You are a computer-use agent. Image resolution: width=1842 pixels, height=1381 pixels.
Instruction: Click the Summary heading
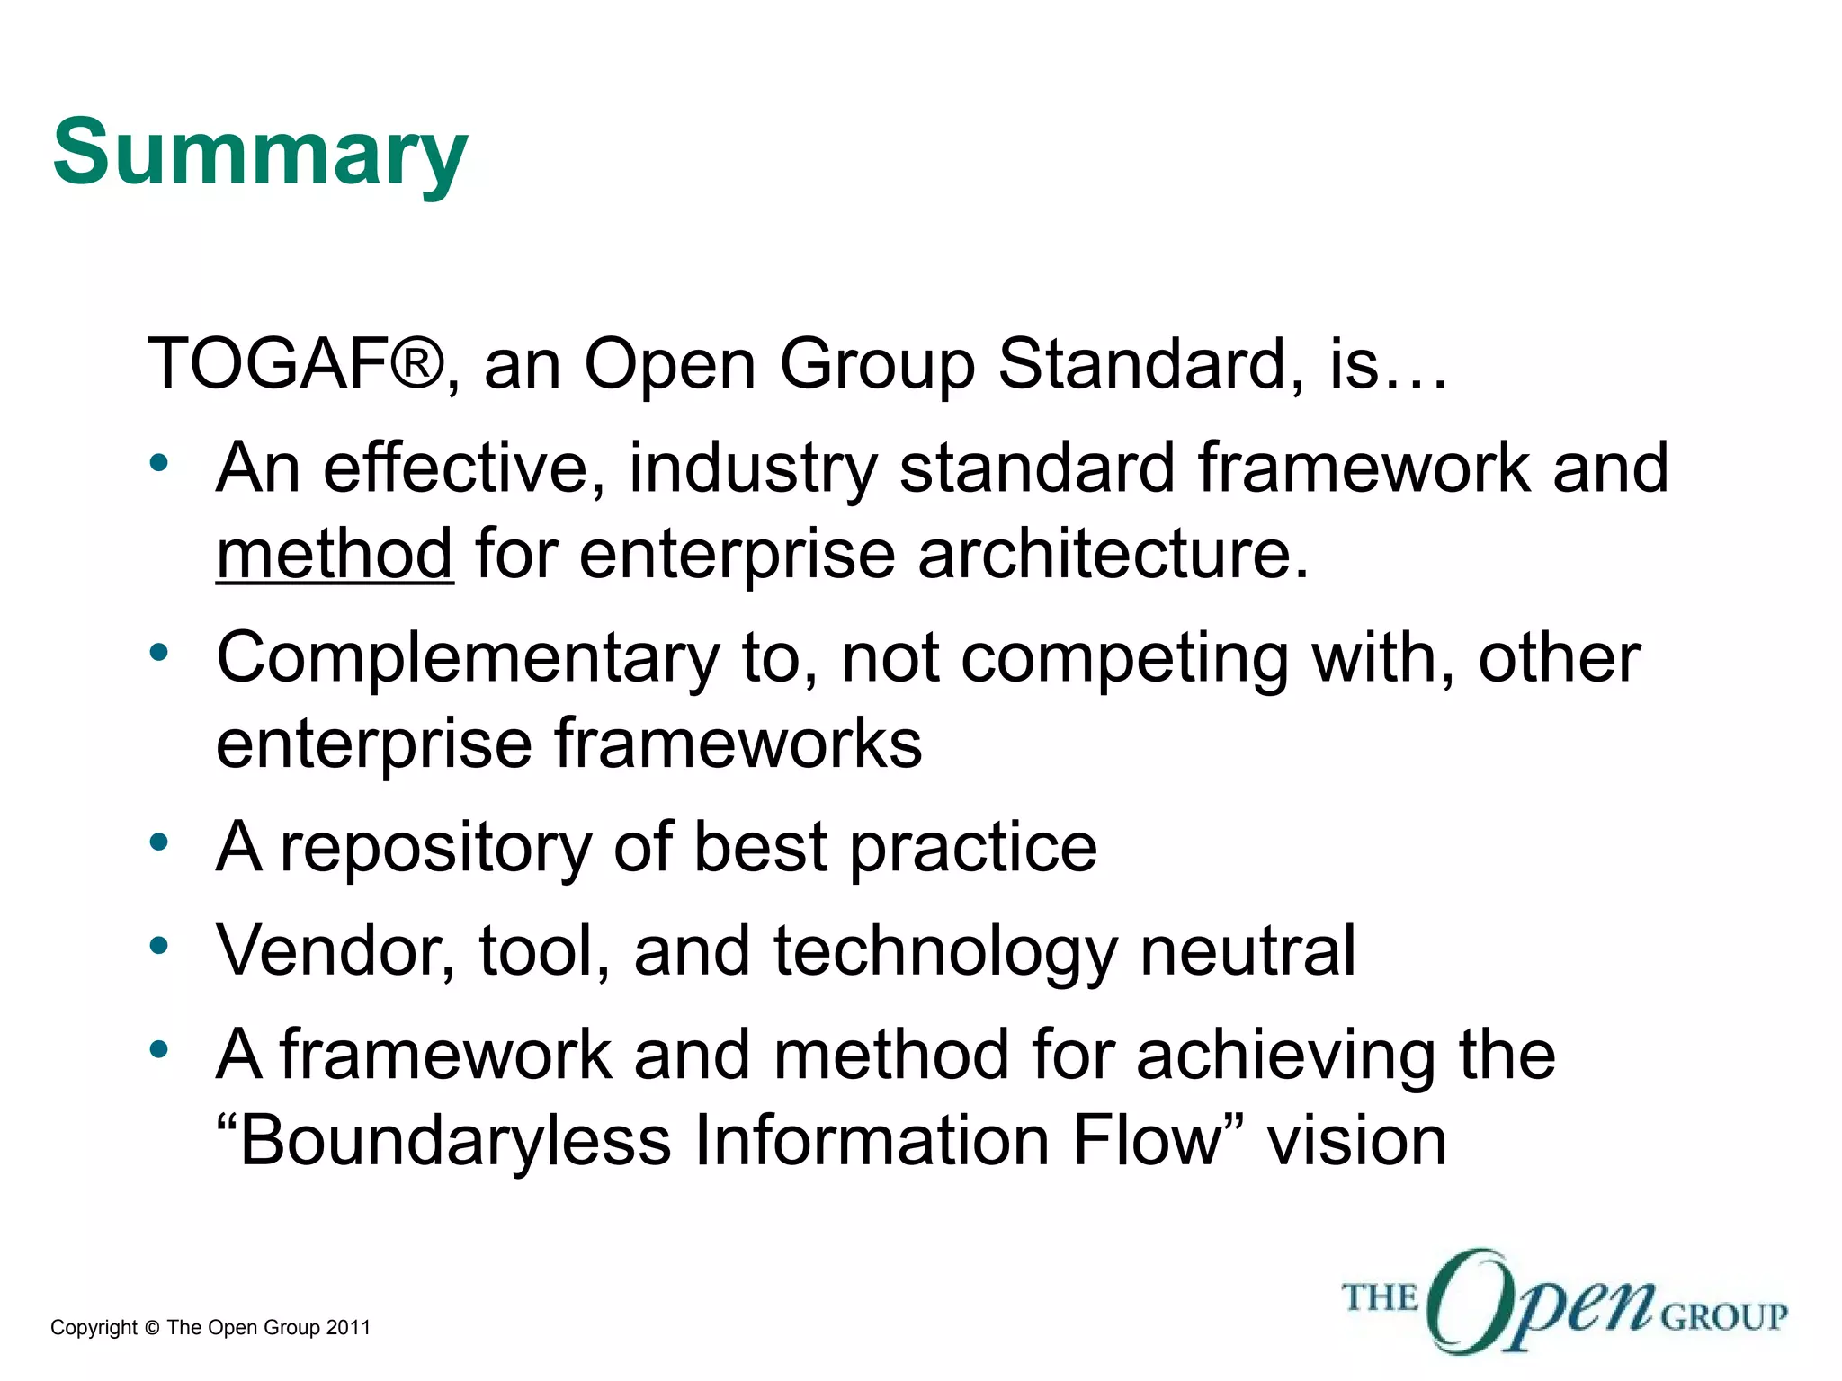pos(260,153)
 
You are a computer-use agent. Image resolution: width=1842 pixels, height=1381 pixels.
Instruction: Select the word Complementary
pos(468,659)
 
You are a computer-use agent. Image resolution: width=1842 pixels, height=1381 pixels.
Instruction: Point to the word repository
pos(435,848)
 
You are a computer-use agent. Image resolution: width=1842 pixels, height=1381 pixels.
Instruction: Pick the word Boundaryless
pos(455,1142)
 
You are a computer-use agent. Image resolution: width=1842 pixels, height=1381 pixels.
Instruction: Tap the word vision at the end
pos(1356,1142)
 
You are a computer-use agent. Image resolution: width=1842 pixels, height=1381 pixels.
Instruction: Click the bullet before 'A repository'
pos(159,843)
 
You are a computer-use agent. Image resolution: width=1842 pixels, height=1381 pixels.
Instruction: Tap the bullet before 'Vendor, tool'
pos(159,946)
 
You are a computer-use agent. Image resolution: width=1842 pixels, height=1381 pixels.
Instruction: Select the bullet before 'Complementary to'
pos(159,654)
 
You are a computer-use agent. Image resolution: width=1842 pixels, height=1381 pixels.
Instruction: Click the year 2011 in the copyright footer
pos(348,1328)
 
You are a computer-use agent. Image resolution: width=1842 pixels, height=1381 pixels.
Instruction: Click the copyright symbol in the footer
pos(151,1328)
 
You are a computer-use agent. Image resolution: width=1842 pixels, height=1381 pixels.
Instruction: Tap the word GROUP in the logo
pos(1723,1317)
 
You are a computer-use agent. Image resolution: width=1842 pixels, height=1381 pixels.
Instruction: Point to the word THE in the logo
pos(1379,1298)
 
